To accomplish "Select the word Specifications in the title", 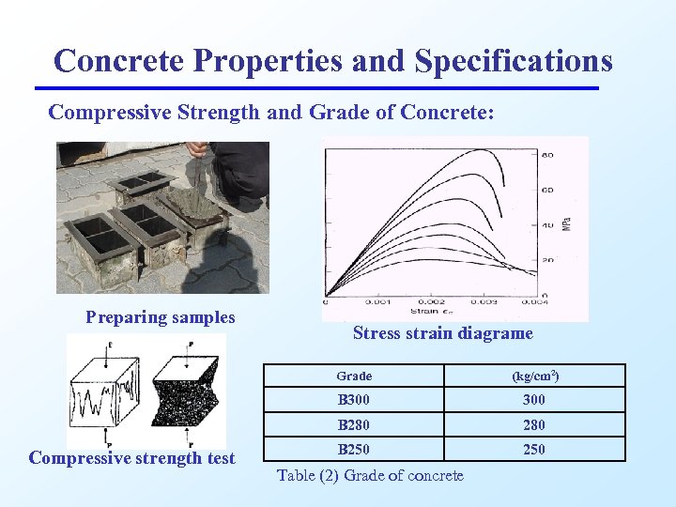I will [x=513, y=61].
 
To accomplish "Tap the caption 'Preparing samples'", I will [x=161, y=317].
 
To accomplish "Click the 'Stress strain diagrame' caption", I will [x=442, y=333].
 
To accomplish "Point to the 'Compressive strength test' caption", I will [x=132, y=458].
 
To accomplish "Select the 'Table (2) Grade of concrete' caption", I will [x=370, y=476].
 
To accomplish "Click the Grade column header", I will [x=354, y=376].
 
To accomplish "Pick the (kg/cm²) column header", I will [x=535, y=376].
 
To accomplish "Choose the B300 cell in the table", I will [x=354, y=400].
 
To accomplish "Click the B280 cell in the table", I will [x=354, y=424].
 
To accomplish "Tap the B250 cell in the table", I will [x=354, y=449].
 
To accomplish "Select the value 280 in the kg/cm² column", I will [x=533, y=424].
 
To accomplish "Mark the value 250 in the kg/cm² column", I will [x=533, y=449].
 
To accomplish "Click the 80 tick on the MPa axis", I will [x=546, y=155].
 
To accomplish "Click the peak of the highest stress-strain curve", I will [x=481, y=150].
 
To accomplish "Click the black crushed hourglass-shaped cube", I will [x=191, y=392].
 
